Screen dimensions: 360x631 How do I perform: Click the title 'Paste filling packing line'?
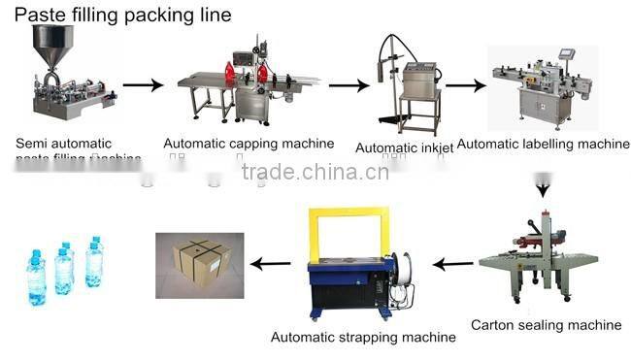coord(116,15)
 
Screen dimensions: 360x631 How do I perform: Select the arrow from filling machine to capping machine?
coord(143,85)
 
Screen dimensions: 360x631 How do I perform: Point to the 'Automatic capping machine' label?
coord(249,144)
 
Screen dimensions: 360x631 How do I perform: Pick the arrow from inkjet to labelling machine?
coord(465,85)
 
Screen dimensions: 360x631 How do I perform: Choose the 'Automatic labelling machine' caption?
coord(543,144)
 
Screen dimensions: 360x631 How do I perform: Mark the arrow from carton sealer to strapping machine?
coord(453,262)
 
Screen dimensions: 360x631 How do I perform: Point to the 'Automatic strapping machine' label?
coord(362,337)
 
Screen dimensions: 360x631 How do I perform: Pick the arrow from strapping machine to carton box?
coord(270,262)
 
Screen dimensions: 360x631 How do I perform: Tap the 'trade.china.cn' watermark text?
coord(315,172)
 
